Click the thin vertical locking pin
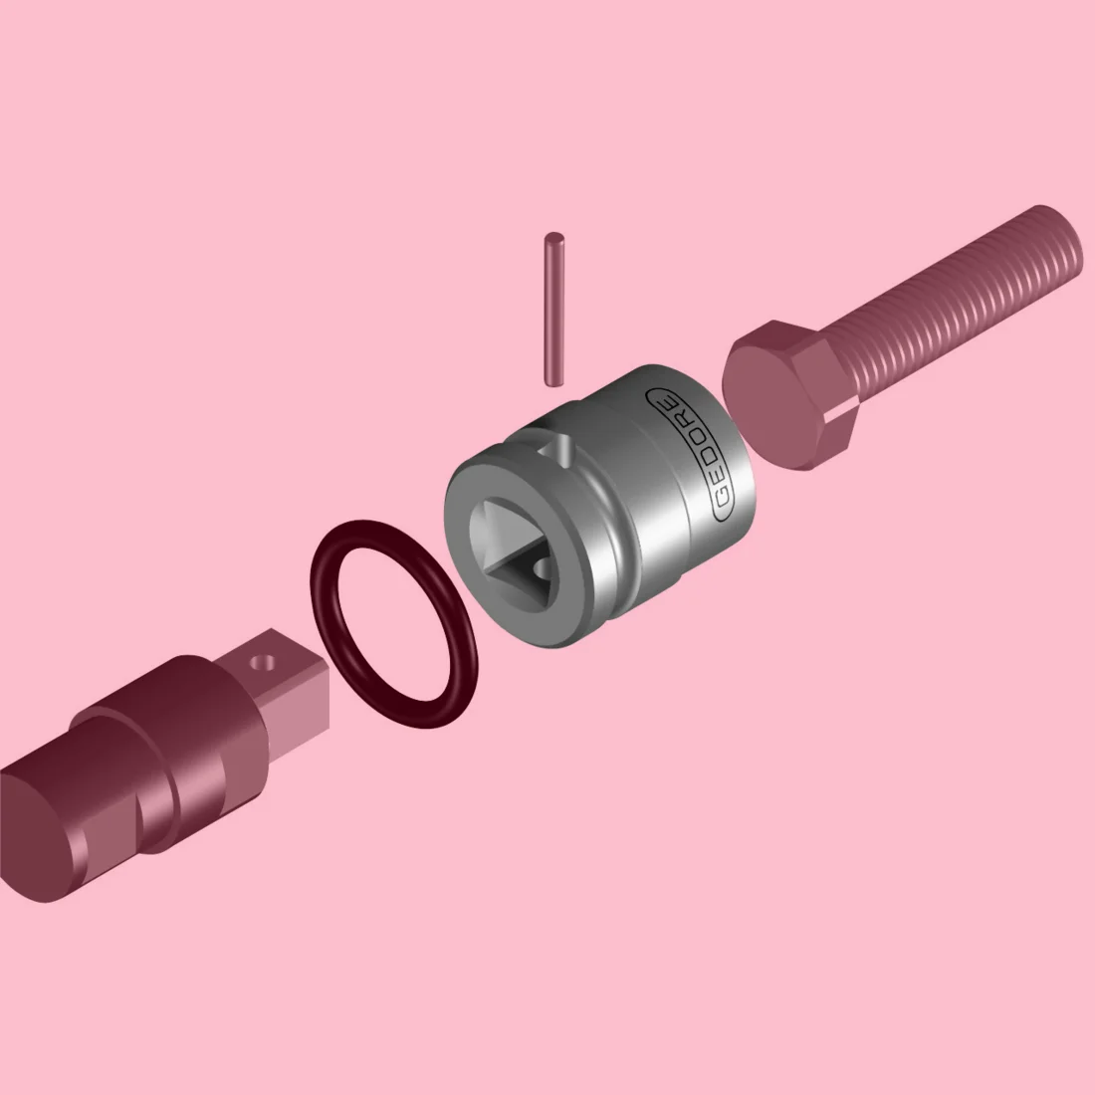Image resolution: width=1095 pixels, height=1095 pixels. tap(553, 309)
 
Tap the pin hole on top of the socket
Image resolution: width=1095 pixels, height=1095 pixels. tap(559, 449)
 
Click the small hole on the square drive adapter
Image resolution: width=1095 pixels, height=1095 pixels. tap(265, 661)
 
